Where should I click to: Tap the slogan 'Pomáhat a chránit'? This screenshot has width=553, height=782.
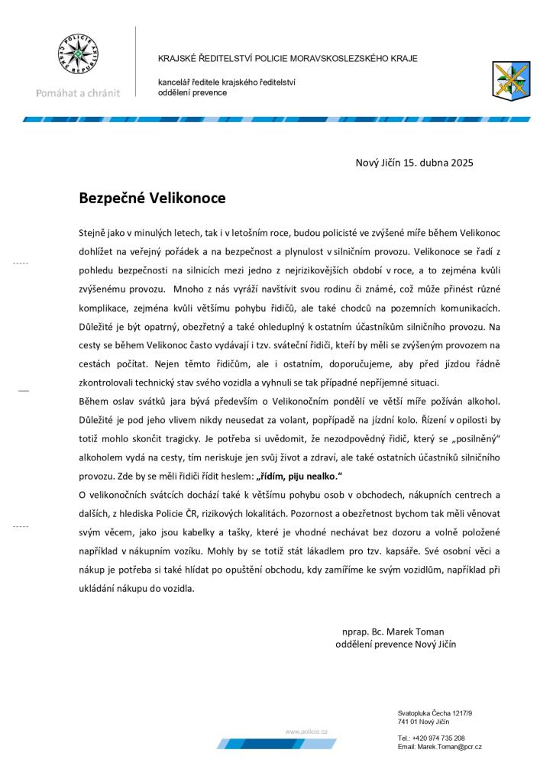pyautogui.click(x=79, y=93)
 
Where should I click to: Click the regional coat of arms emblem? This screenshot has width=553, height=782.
pyautogui.click(x=508, y=79)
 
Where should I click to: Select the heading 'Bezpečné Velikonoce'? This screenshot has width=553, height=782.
pyautogui.click(x=153, y=198)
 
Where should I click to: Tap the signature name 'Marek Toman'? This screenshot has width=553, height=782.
pyautogui.click(x=419, y=632)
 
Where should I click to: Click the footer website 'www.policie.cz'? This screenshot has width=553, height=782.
pyautogui.click(x=306, y=732)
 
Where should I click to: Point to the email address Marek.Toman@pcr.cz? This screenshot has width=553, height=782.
pyautogui.click(x=439, y=746)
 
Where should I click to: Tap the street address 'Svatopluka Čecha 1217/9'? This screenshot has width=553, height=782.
pyautogui.click(x=435, y=713)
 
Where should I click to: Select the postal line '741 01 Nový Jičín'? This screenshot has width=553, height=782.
pyautogui.click(x=423, y=721)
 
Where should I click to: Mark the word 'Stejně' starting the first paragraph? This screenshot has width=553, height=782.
pyautogui.click(x=94, y=231)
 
